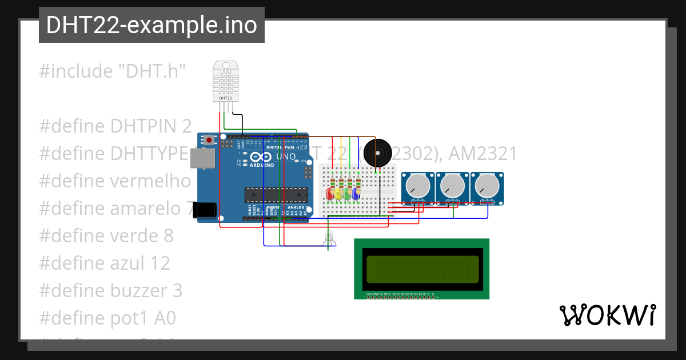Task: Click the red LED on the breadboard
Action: pyautogui.click(x=330, y=194)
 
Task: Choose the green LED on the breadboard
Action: pyautogui.click(x=346, y=194)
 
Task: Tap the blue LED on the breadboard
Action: pyautogui.click(x=355, y=194)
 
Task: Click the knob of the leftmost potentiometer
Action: pyautogui.click(x=418, y=185)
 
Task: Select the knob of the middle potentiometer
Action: pyautogui.click(x=452, y=185)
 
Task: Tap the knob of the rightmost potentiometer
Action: pyautogui.click(x=486, y=185)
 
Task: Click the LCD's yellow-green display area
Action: pyautogui.click(x=422, y=269)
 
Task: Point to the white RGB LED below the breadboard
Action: pyautogui.click(x=329, y=237)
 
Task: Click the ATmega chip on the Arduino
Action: pyautogui.click(x=275, y=195)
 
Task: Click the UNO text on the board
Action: pyautogui.click(x=286, y=157)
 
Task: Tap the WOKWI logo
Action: pyautogui.click(x=607, y=315)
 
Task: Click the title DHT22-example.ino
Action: pyautogui.click(x=151, y=25)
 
